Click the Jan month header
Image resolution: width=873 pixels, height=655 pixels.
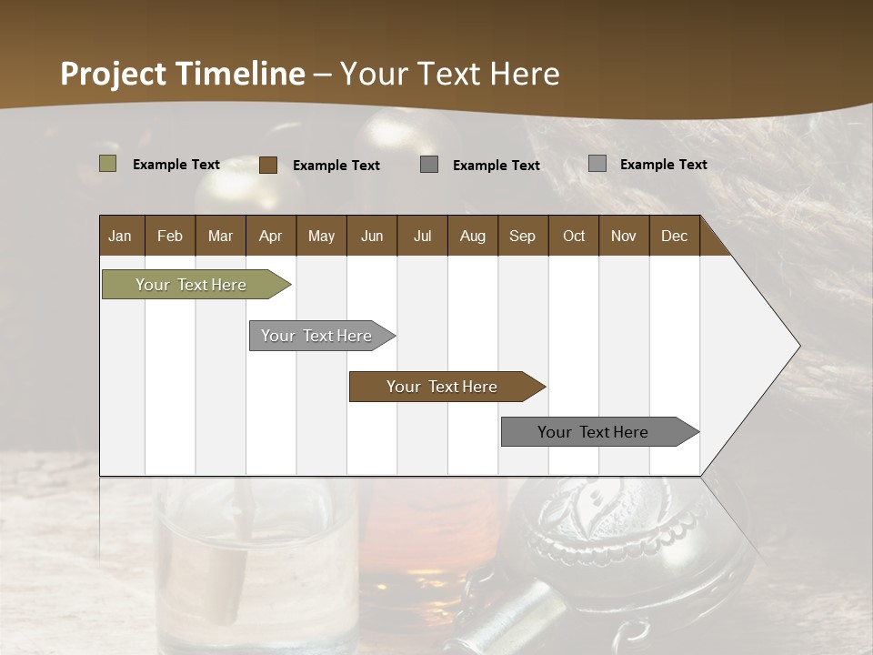(x=121, y=237)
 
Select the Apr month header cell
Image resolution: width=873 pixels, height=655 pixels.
(x=271, y=237)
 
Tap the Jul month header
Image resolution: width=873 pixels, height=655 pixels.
(x=423, y=237)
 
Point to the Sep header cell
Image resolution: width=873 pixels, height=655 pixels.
(x=523, y=237)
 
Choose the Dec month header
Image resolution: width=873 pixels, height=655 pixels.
(x=675, y=237)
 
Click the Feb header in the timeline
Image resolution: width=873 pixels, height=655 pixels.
(x=170, y=237)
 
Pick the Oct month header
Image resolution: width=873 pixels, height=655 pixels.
(x=574, y=237)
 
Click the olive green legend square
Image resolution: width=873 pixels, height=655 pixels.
(x=108, y=164)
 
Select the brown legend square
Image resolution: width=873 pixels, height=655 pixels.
(x=268, y=165)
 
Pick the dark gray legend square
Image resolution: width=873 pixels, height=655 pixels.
(x=429, y=164)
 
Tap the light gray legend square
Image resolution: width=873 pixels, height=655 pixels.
(x=597, y=164)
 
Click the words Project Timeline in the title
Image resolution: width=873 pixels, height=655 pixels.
(x=183, y=74)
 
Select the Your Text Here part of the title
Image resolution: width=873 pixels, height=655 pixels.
(x=450, y=74)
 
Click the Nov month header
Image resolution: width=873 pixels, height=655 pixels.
(x=624, y=237)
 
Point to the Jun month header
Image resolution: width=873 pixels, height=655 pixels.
(x=372, y=237)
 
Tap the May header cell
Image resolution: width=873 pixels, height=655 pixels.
(x=321, y=237)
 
